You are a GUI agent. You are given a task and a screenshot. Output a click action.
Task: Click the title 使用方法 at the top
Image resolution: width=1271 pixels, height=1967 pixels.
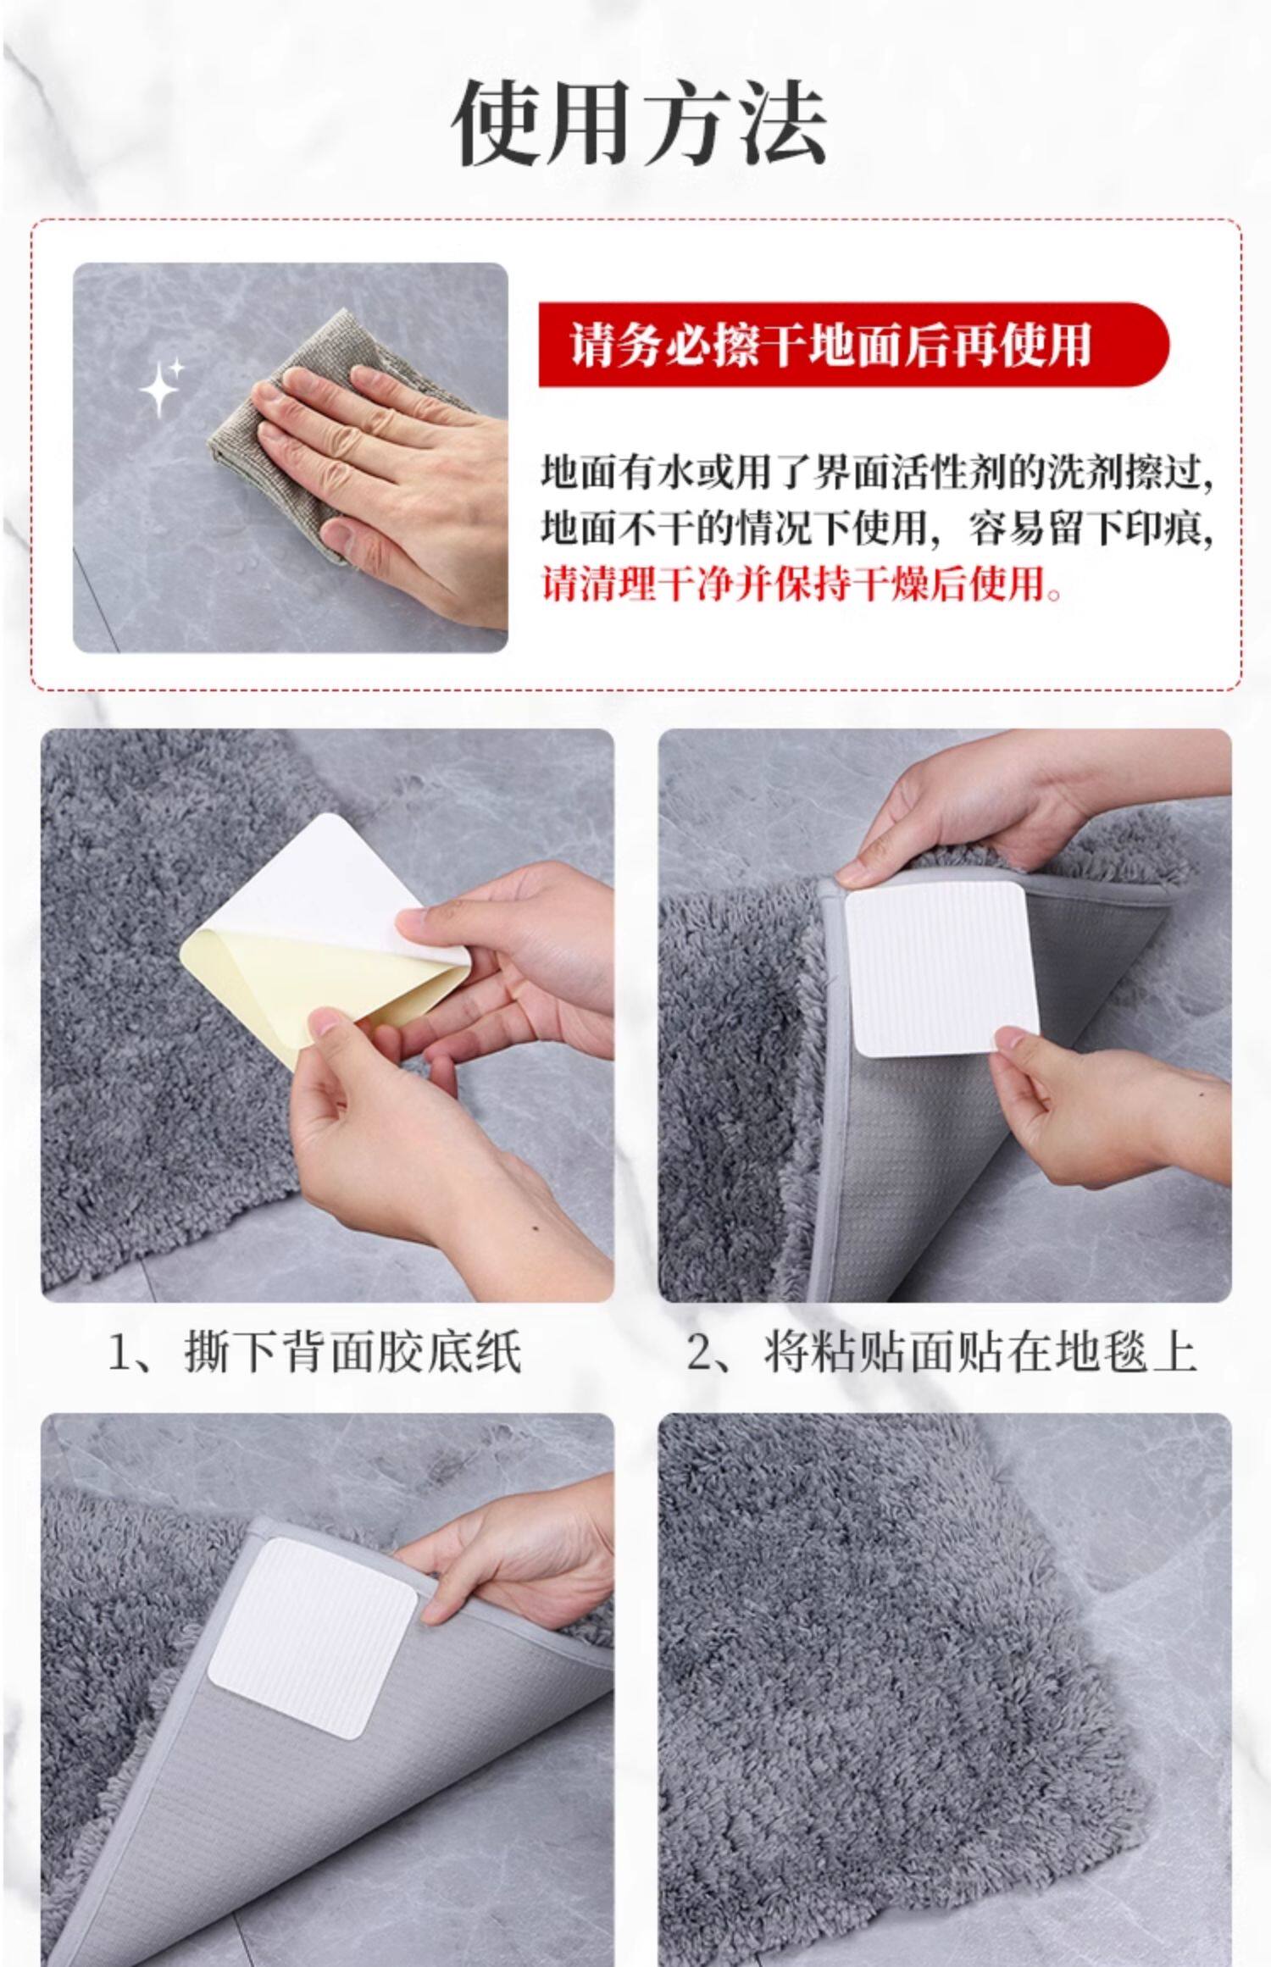pos(639,124)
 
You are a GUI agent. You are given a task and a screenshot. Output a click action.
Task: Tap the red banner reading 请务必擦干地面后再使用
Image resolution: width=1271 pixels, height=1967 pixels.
pos(853,345)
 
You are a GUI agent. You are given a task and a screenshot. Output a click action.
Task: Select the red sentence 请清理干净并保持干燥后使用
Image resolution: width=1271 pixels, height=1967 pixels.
pos(802,584)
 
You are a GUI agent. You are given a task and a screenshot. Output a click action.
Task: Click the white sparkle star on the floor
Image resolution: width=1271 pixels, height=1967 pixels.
pos(161,385)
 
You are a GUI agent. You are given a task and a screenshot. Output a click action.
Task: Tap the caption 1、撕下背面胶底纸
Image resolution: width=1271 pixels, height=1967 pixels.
pos(314,1352)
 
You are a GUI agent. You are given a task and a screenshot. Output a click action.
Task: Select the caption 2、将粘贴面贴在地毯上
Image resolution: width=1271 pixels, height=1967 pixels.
pos(941,1352)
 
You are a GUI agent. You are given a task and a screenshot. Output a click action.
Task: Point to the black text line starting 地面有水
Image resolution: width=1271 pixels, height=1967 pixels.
pos(878,471)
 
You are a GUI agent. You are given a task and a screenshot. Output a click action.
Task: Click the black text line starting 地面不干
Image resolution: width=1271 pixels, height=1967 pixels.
pos(878,528)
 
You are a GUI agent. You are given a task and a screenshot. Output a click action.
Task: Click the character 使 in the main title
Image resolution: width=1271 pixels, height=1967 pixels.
pos(498,124)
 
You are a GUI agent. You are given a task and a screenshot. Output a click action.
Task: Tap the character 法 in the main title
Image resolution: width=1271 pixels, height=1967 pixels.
pos(781,124)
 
